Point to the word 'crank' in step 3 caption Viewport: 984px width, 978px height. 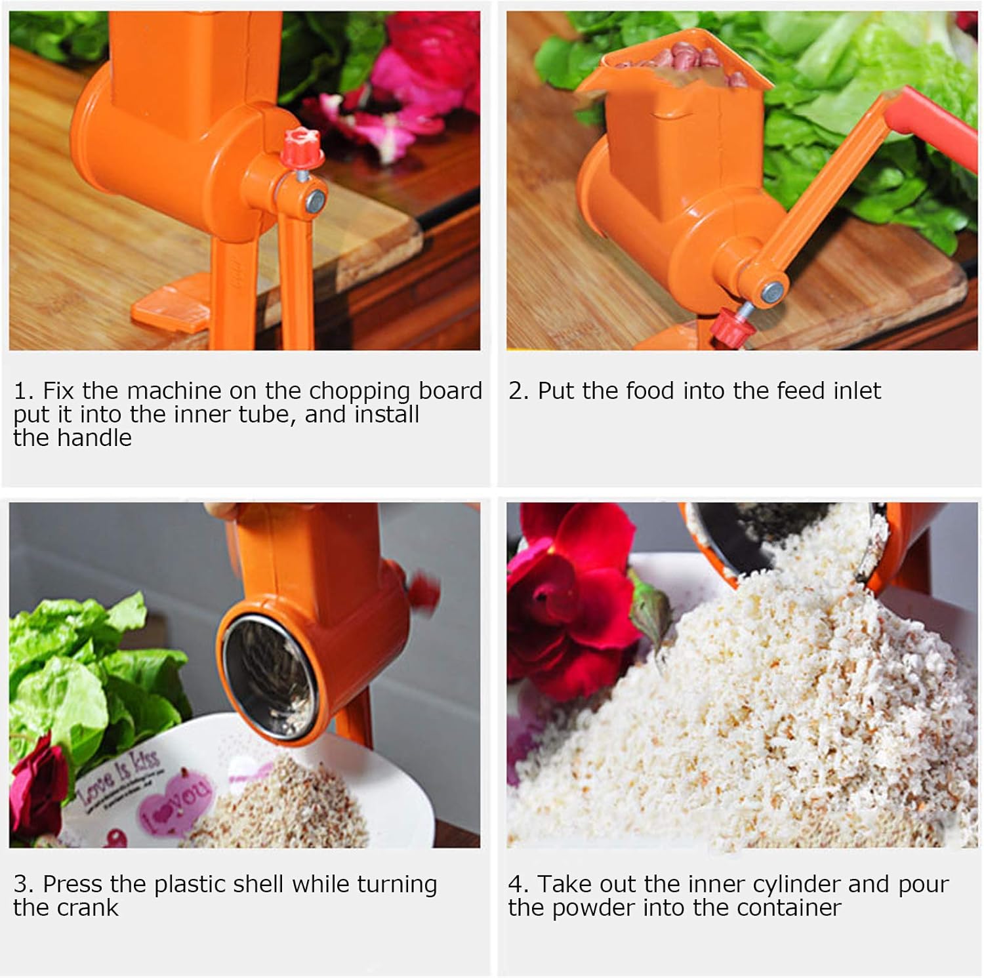86,908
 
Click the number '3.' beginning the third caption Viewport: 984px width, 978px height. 24,884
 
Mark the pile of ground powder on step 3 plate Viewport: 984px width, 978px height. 282,807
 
